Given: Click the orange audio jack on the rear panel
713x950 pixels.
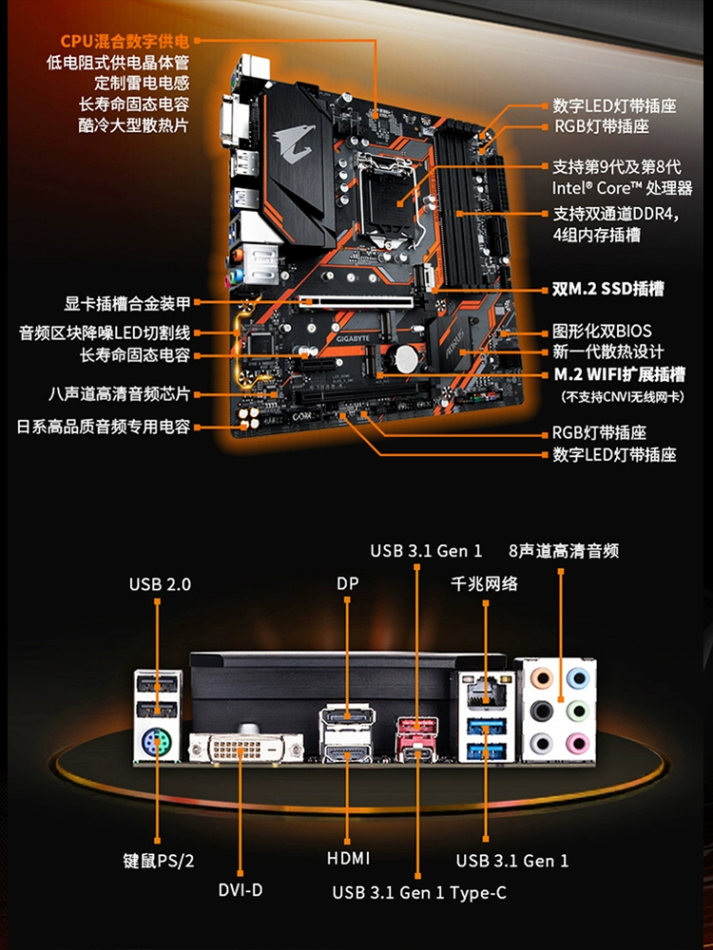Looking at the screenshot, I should coord(540,678).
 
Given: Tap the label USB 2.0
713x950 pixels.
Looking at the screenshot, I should coord(160,583).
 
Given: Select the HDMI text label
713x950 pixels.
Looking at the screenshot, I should coord(348,858).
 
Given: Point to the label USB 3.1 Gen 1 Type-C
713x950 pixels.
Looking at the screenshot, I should coord(419,892).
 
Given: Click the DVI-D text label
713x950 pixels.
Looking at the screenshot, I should coord(240,890).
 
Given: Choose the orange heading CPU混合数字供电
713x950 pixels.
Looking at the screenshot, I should coord(125,41).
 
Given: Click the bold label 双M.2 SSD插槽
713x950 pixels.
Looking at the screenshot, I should coord(608,289).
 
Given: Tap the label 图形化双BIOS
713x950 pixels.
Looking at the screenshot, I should coord(602,332).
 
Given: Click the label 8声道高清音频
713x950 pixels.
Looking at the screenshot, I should coord(564,550).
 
